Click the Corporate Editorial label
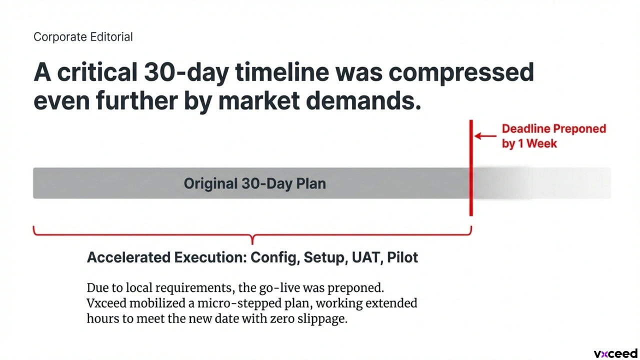click(x=83, y=37)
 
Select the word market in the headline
click(x=259, y=100)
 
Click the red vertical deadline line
click(x=471, y=168)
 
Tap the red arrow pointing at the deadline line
click(x=485, y=136)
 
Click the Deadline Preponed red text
click(x=554, y=128)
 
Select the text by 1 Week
click(x=529, y=143)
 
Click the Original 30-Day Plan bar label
click(x=255, y=183)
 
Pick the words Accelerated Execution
click(x=167, y=257)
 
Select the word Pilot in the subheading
click(x=402, y=257)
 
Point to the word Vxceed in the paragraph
click(x=106, y=303)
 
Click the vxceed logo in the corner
click(x=615, y=353)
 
